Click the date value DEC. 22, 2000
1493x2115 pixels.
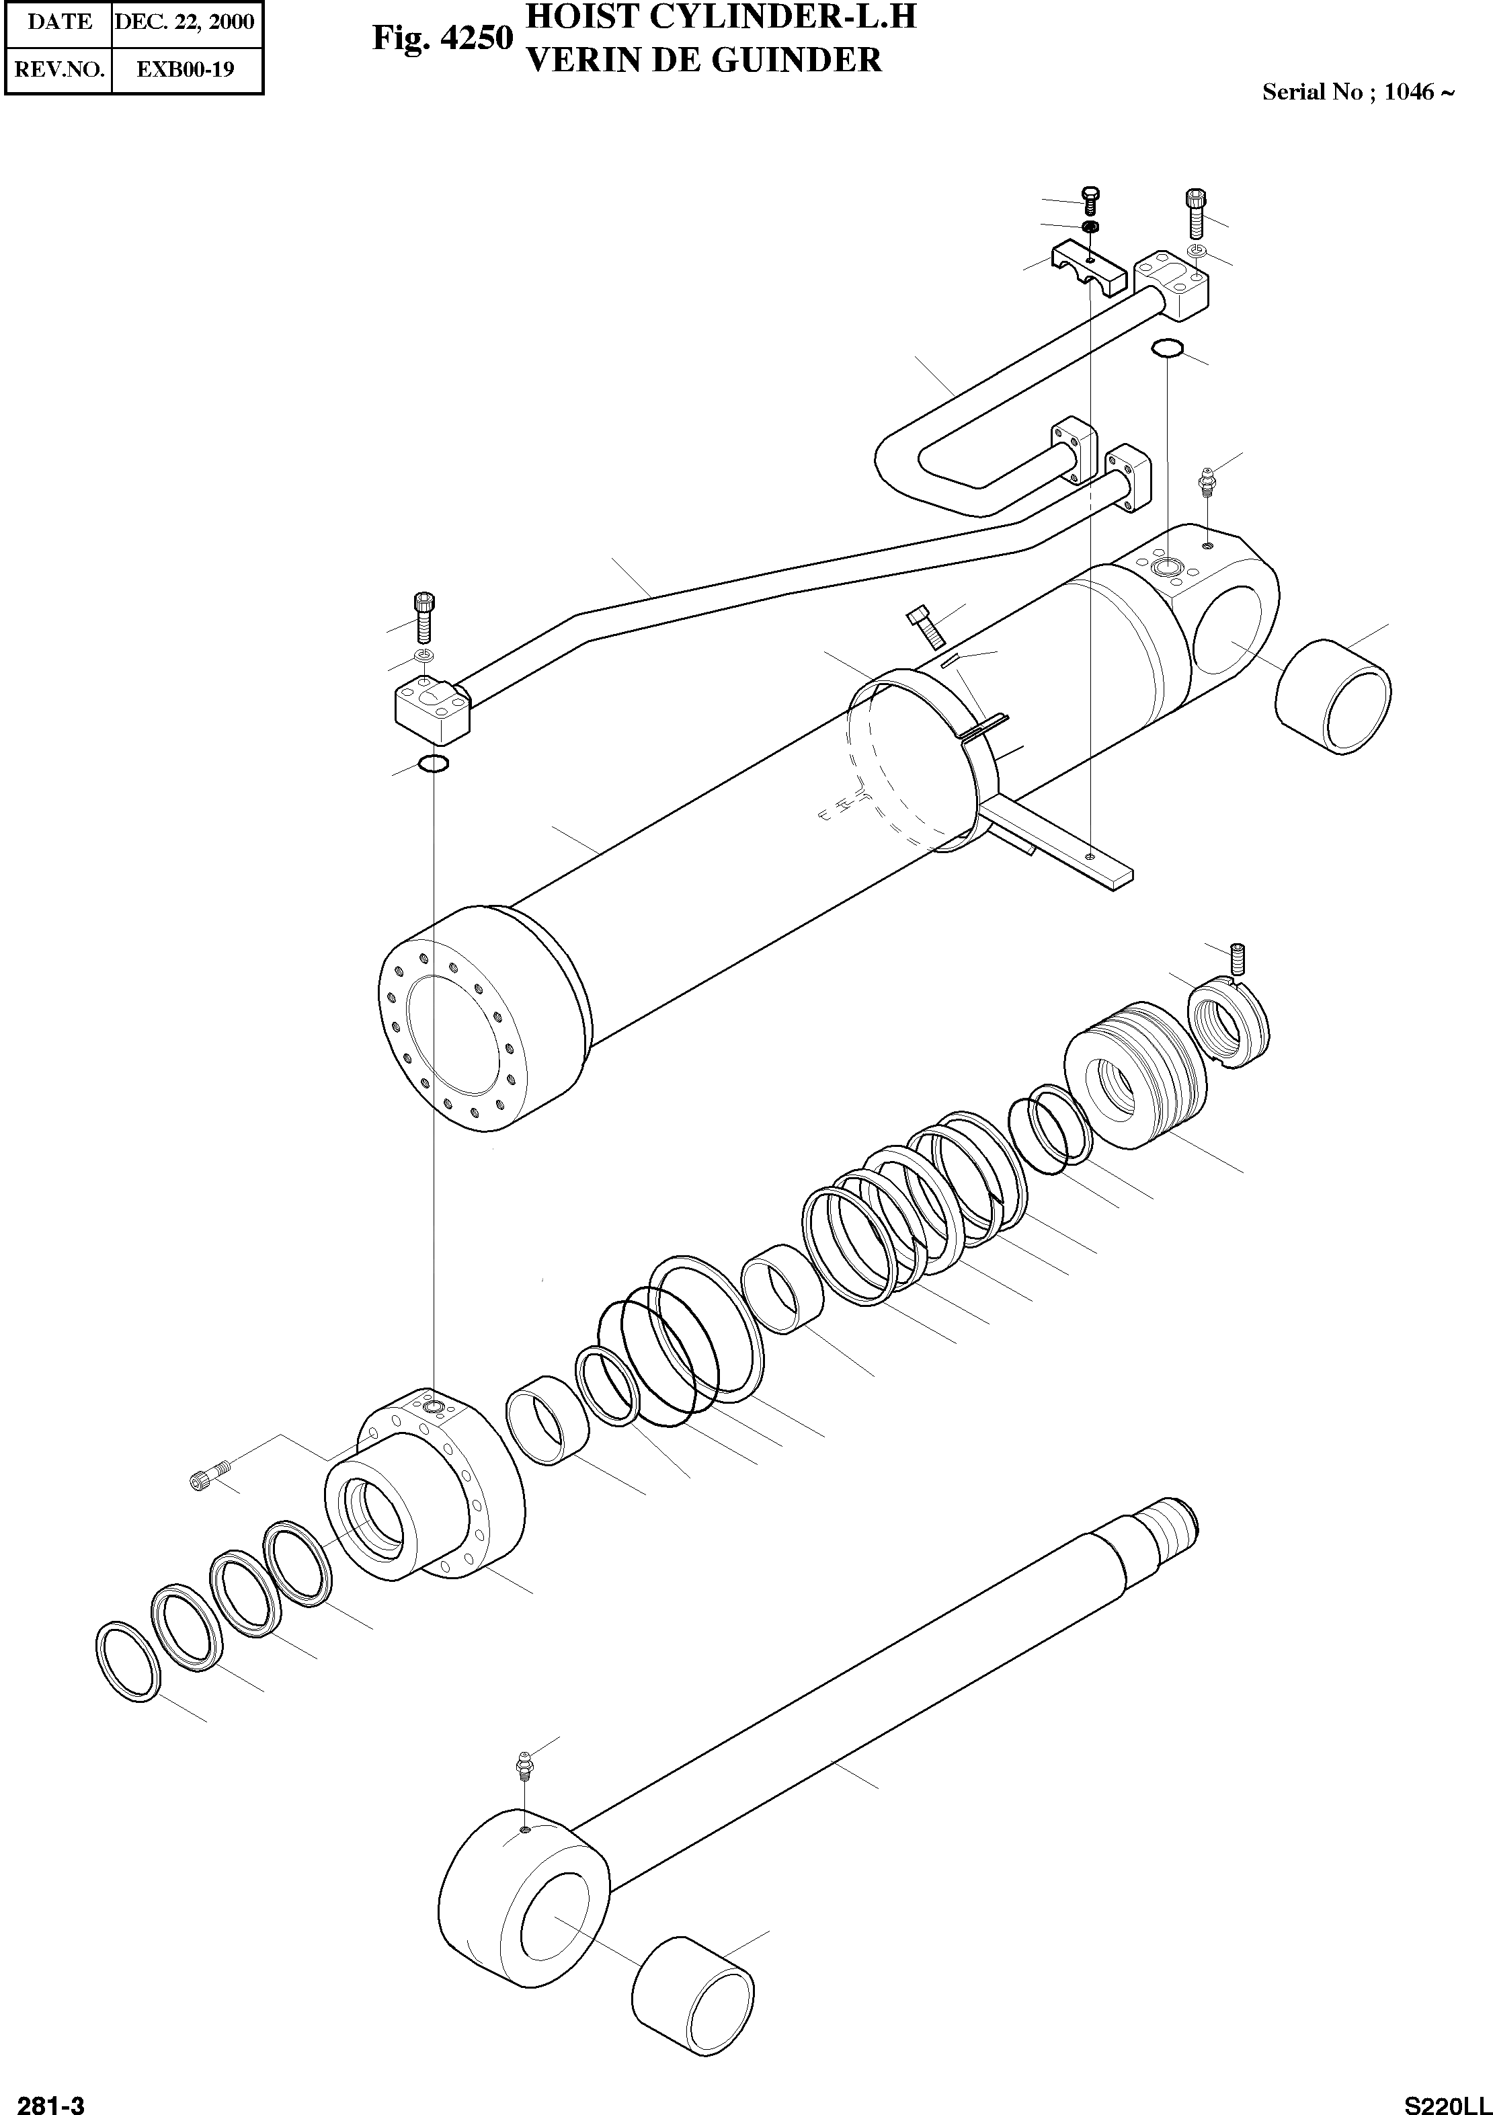(184, 22)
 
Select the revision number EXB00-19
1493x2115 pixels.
(185, 69)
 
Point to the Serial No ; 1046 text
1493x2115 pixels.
(1358, 92)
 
